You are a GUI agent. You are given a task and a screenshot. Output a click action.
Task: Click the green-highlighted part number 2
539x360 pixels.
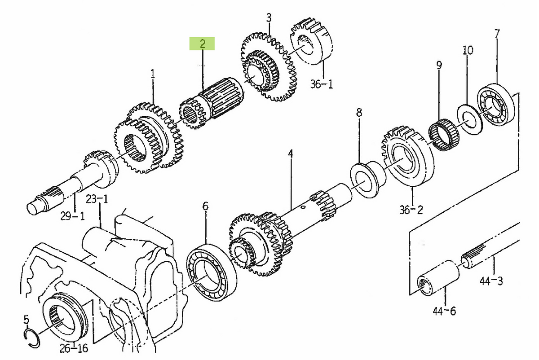(202, 44)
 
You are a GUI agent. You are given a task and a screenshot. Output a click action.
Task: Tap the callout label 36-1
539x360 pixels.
(322, 84)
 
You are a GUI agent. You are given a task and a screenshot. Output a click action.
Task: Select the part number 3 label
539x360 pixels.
(269, 18)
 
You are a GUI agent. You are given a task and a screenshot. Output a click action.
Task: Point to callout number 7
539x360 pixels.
(497, 34)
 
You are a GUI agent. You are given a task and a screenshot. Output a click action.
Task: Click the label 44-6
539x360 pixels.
(444, 312)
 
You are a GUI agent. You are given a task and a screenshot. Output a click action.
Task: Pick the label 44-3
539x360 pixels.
(491, 281)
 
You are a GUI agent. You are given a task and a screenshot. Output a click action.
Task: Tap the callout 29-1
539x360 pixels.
(72, 216)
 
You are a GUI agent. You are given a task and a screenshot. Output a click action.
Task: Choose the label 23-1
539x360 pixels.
(97, 199)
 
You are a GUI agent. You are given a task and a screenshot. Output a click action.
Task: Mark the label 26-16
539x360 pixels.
(74, 348)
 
